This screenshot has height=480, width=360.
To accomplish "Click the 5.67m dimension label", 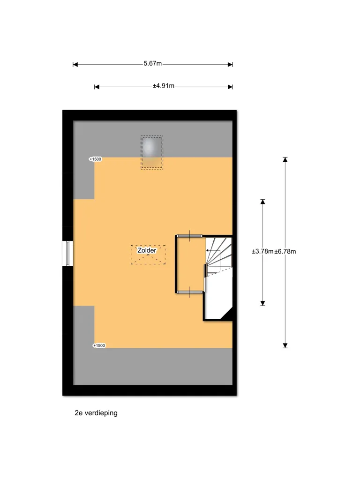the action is pos(153,64).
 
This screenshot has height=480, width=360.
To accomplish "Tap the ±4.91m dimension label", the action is pos(164,86).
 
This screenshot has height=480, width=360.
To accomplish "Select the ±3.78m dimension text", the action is pos(262,252).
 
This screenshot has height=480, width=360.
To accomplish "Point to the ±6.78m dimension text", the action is pos(285,252).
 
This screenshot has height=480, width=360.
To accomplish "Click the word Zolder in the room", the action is pos(147,250).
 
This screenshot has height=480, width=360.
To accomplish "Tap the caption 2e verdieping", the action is pos(96,413).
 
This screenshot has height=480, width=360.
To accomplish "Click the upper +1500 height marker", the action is pos(95,159).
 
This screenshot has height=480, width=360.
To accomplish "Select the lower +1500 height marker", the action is pos(99,345).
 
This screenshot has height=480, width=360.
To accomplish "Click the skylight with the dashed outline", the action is pos(152,152).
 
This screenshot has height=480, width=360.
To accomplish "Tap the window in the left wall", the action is pos(67,253).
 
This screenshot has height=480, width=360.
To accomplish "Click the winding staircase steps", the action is pos(219,255).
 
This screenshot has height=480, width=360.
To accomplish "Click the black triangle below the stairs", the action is pos(227,314).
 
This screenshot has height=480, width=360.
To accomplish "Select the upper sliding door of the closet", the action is pos(190,236).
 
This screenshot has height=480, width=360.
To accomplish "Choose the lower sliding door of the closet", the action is pos(190,292).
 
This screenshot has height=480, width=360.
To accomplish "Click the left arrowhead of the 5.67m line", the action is pos(75,65).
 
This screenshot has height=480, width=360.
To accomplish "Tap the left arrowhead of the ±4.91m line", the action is pos(97,87).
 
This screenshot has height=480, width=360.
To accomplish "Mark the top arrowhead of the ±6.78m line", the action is pos(285,159).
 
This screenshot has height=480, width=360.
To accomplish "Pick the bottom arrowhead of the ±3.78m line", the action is pos(262,303).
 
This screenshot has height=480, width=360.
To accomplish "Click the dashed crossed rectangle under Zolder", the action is pos(148,255).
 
